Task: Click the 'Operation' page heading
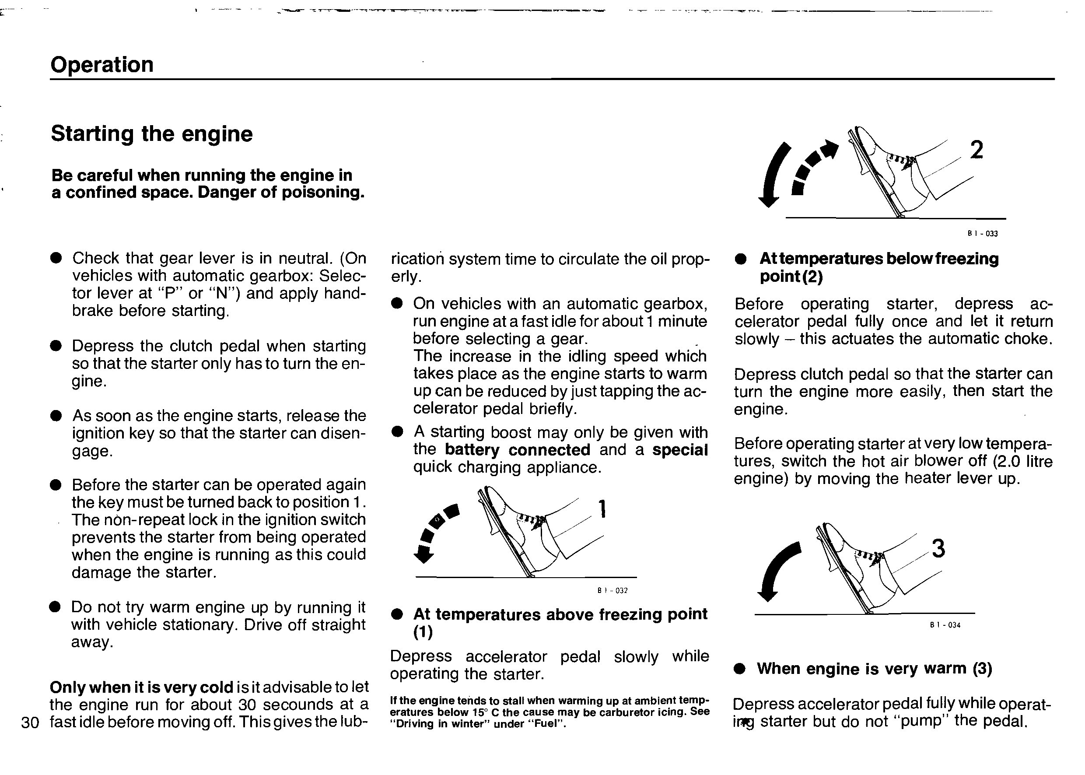click(x=101, y=65)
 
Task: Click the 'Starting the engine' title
click(x=151, y=133)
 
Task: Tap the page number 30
click(x=30, y=722)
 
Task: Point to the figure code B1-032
click(x=612, y=591)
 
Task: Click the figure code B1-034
click(x=945, y=625)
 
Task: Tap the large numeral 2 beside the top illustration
click(x=976, y=151)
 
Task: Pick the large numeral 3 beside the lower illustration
click(x=938, y=549)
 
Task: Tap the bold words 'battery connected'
click(x=517, y=450)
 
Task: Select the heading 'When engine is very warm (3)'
click(x=874, y=669)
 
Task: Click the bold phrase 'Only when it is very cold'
click(x=141, y=687)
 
